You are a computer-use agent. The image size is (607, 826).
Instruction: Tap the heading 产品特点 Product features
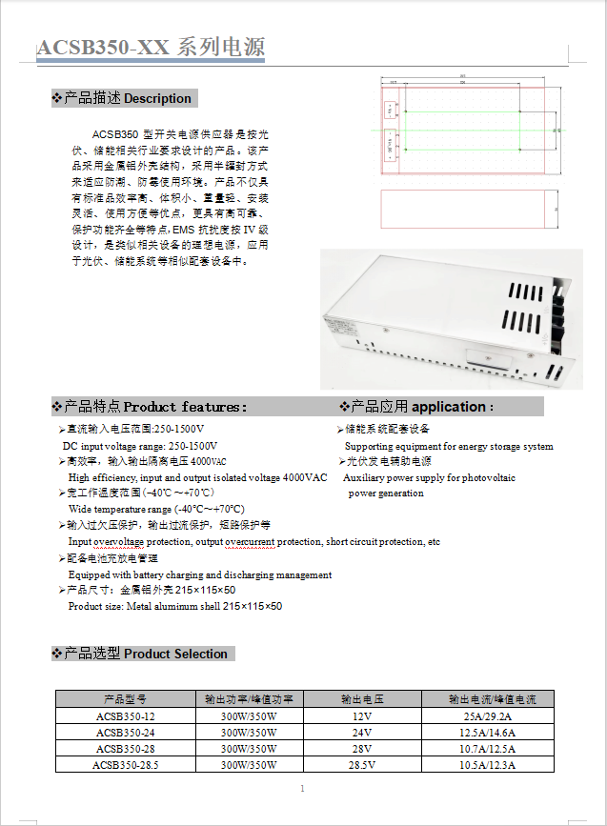[152, 407]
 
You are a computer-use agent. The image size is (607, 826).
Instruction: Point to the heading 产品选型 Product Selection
[144, 654]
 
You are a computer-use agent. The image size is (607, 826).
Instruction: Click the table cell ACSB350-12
[125, 716]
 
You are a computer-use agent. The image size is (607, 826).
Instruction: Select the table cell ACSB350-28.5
[125, 765]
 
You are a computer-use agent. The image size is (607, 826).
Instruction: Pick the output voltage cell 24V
[361, 733]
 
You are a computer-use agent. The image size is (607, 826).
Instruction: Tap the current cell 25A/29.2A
[487, 716]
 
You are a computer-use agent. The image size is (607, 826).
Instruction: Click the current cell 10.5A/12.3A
[487, 765]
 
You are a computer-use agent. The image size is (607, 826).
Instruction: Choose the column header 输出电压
[361, 699]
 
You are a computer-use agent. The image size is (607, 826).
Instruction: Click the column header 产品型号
[125, 699]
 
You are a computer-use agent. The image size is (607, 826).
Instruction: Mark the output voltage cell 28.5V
[361, 765]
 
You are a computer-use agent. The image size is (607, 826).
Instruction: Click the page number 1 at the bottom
[302, 789]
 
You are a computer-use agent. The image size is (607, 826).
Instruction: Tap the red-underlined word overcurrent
[251, 542]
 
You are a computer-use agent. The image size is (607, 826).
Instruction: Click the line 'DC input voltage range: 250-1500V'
[140, 446]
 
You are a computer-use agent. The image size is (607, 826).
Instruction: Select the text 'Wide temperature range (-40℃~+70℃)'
[156, 510]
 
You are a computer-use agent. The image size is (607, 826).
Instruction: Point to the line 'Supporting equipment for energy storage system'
[449, 446]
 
